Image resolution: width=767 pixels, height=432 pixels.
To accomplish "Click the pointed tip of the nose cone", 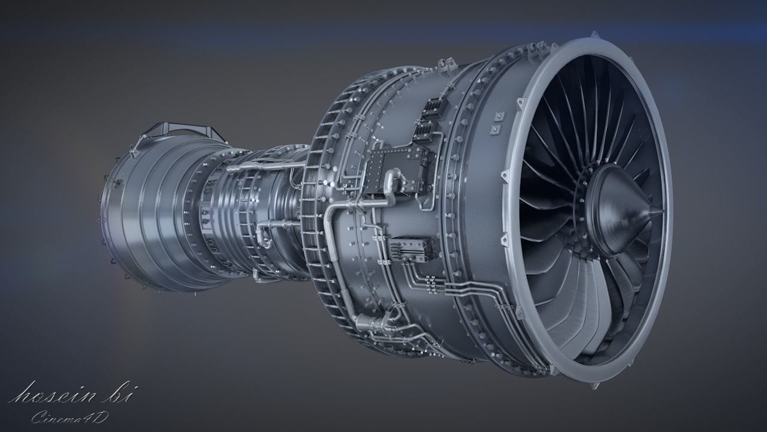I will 660,211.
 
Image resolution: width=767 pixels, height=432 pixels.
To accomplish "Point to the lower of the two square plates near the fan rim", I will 495,129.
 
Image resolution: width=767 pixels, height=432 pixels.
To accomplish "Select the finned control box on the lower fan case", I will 410,248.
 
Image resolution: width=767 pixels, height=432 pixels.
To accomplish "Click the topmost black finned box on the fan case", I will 432,108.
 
